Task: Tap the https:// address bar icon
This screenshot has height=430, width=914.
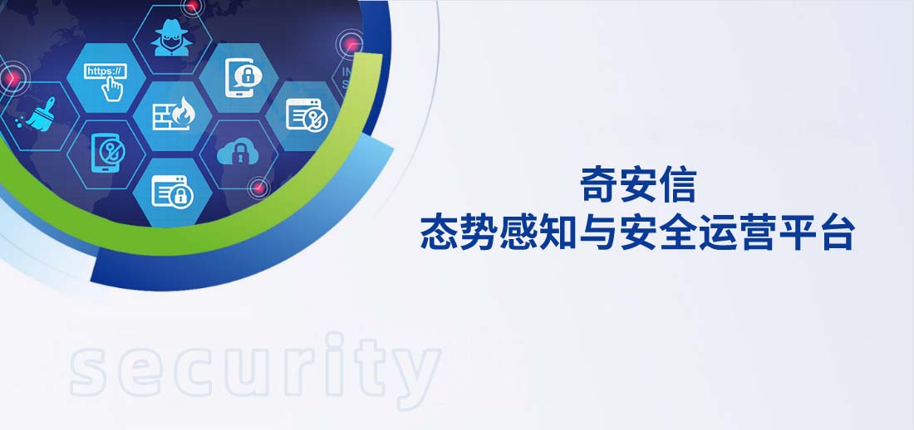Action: pyautogui.click(x=105, y=72)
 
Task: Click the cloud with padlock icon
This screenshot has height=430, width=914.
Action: pyautogui.click(x=238, y=152)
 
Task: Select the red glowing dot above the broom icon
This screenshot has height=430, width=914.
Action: pyautogui.click(x=12, y=79)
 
